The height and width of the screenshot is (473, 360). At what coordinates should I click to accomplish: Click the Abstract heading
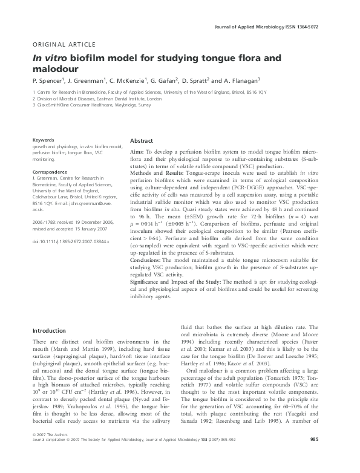tap(142, 140)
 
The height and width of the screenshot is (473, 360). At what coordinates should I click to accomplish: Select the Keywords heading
tap(44, 140)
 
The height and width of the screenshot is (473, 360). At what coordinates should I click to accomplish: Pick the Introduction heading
tap(50, 331)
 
